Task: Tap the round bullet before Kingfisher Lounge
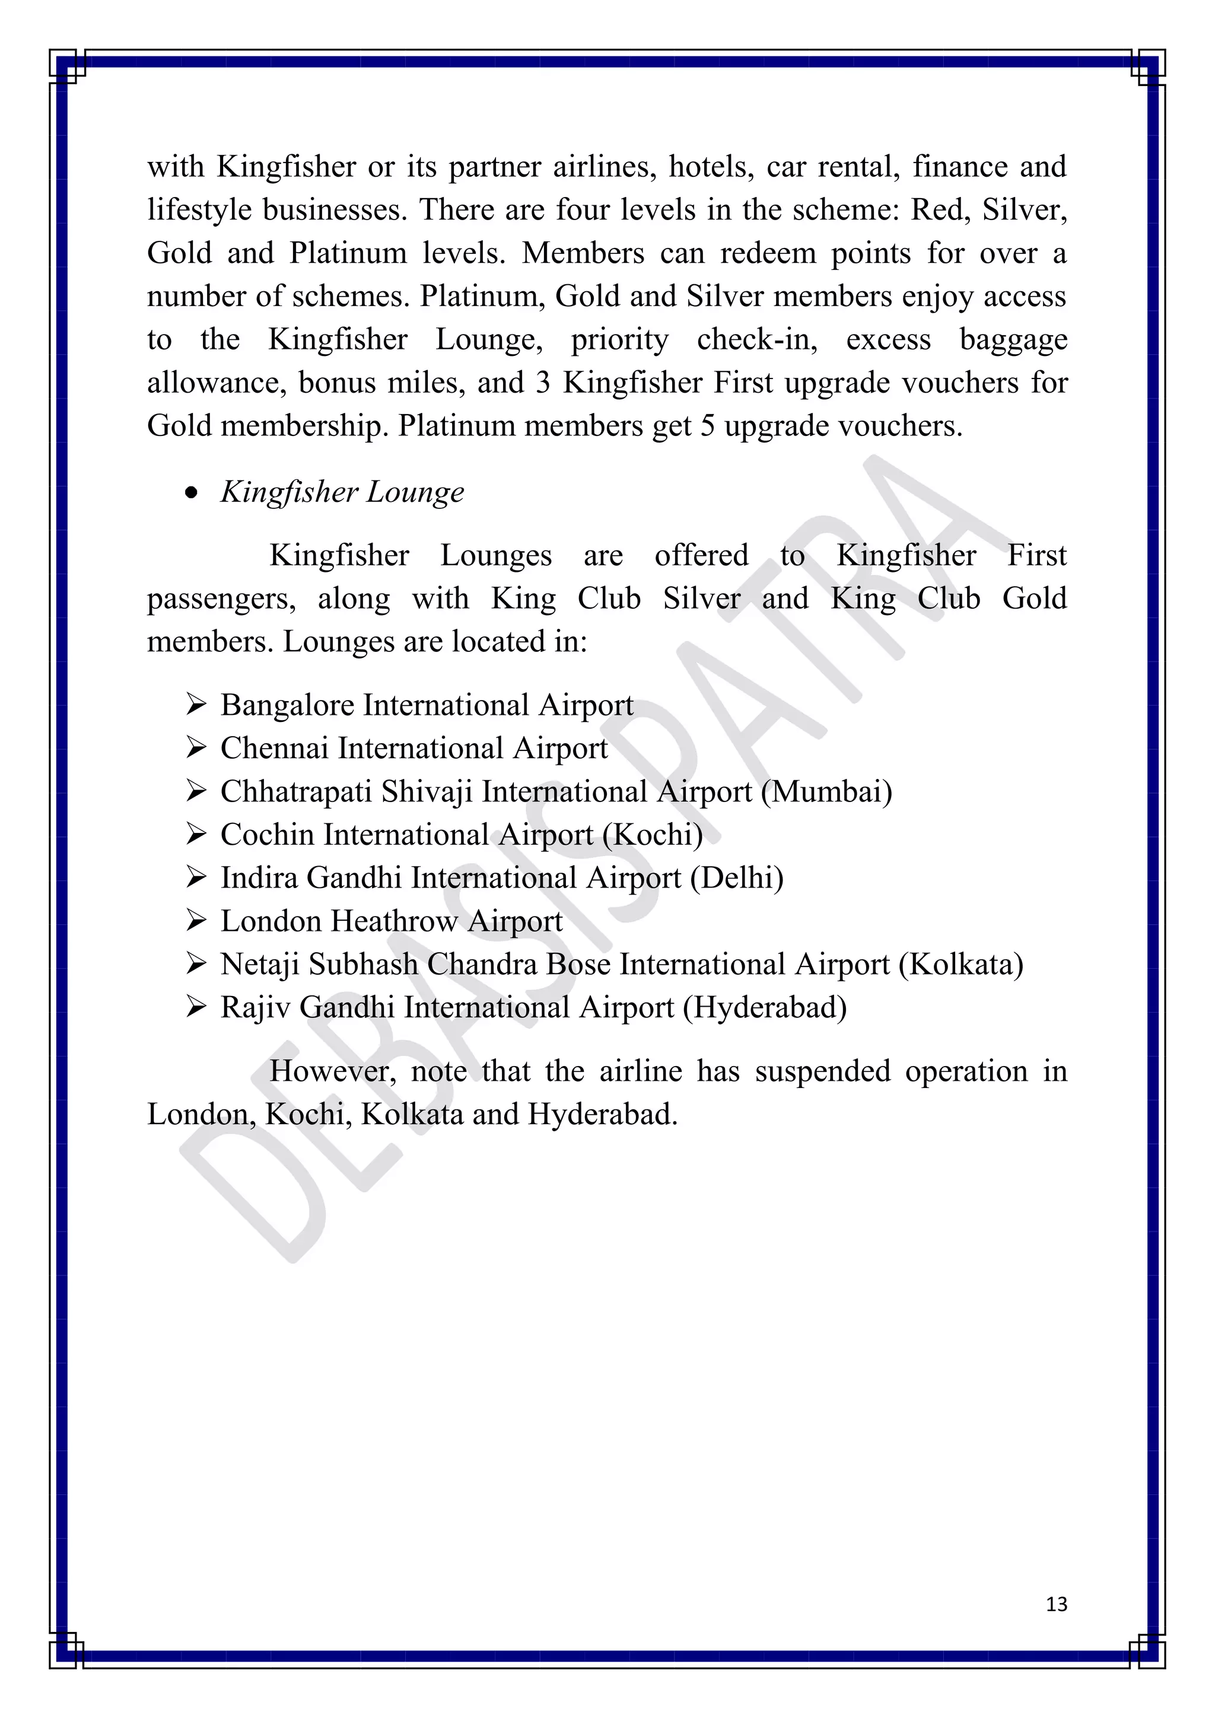[192, 493]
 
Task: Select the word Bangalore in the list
[287, 705]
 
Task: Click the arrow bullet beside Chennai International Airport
[196, 747]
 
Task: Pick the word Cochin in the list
[267, 835]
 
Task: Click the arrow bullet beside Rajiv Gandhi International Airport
[196, 1007]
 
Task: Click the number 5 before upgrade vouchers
[707, 427]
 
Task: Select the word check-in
[757, 341]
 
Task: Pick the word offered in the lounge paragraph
[701, 556]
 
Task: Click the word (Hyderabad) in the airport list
[765, 1008]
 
